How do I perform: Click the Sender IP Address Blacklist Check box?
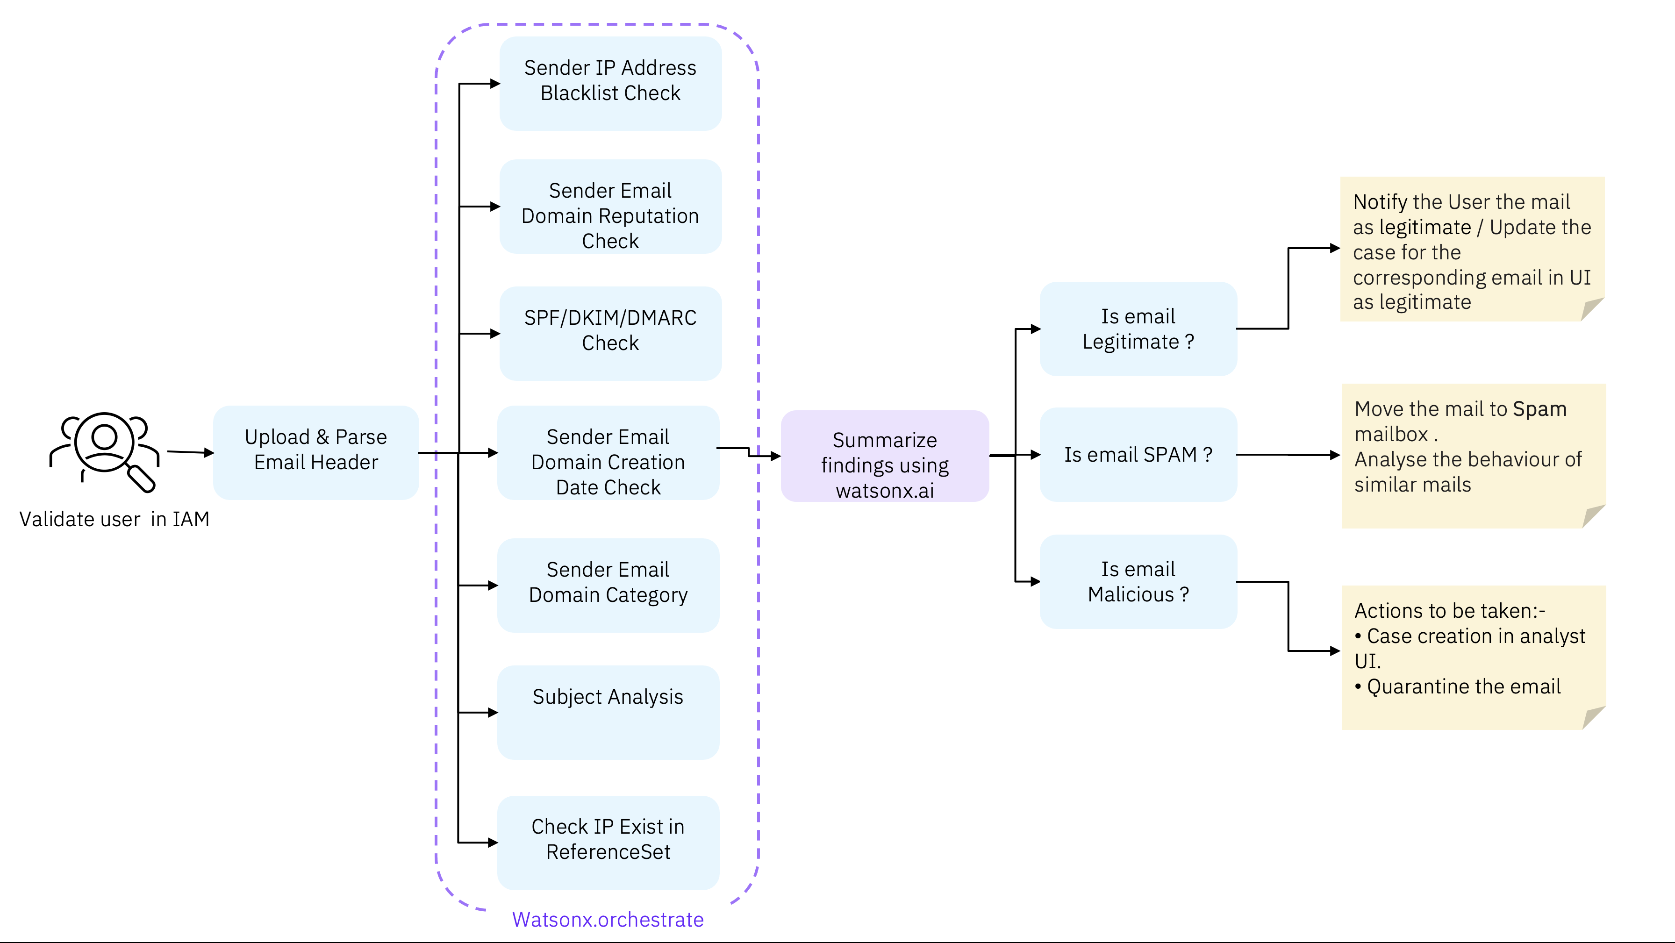pyautogui.click(x=610, y=83)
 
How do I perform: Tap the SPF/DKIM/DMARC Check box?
pyautogui.click(x=610, y=333)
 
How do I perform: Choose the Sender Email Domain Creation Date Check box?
pyautogui.click(x=608, y=453)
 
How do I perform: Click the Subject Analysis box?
pyautogui.click(x=608, y=712)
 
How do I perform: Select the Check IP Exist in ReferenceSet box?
pyautogui.click(x=608, y=842)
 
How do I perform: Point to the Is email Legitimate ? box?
pyautogui.click(x=1138, y=329)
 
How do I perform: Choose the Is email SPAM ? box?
pyautogui.click(x=1138, y=455)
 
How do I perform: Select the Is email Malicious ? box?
pyautogui.click(x=1138, y=581)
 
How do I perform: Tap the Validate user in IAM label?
pyautogui.click(x=115, y=519)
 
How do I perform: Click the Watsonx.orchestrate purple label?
pyautogui.click(x=607, y=920)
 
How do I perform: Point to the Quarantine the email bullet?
pyautogui.click(x=1463, y=686)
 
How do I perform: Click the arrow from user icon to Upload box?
pyautogui.click(x=189, y=452)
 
